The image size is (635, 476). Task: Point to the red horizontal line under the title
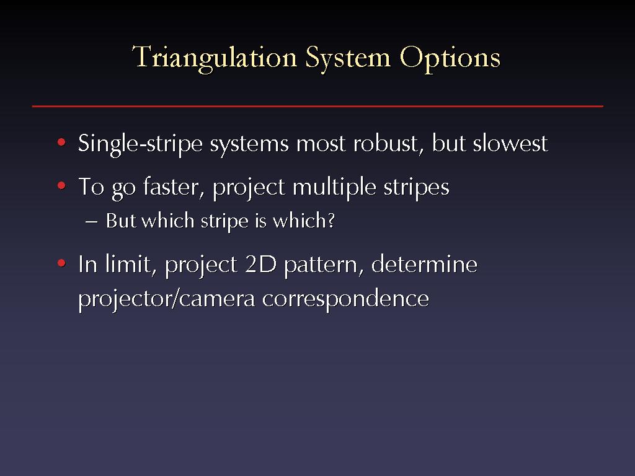(x=317, y=106)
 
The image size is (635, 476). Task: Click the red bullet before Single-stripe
(x=61, y=142)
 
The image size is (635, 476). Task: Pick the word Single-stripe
(x=140, y=144)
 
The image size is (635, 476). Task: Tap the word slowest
(x=510, y=143)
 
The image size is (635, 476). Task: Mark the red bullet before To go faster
(x=61, y=186)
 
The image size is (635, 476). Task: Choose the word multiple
(x=334, y=188)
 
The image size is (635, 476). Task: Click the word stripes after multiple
(x=416, y=188)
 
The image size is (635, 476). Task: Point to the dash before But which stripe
(x=92, y=222)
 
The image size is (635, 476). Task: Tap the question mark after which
(x=331, y=220)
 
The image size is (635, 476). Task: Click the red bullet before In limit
(x=61, y=263)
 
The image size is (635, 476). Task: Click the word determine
(x=424, y=264)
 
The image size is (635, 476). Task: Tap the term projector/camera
(x=166, y=300)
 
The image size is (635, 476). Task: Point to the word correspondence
(x=345, y=300)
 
